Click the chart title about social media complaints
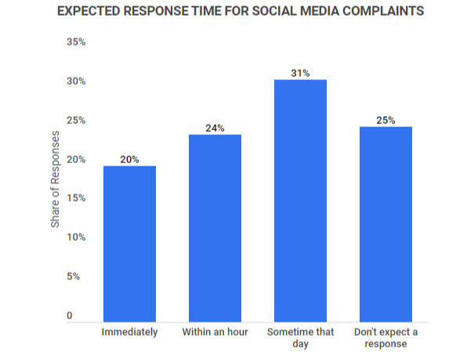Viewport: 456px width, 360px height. click(x=241, y=11)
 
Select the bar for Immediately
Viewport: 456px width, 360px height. click(x=130, y=244)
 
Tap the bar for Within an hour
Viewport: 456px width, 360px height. click(x=215, y=228)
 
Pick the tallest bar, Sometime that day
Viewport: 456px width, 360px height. click(x=300, y=201)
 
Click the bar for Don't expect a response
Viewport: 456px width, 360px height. click(x=386, y=224)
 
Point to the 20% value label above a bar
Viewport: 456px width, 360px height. click(x=130, y=159)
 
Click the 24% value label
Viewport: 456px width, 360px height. click(x=215, y=128)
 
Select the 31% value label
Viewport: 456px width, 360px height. click(x=300, y=73)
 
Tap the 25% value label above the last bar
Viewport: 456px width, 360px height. click(x=386, y=120)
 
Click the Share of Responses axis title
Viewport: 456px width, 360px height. click(x=55, y=180)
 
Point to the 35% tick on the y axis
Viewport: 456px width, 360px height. click(x=76, y=42)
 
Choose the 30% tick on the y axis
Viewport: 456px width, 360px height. click(x=76, y=82)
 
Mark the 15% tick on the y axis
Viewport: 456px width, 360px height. click(x=76, y=198)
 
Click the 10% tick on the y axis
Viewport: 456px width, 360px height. click(x=76, y=238)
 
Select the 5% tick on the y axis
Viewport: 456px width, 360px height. click(x=74, y=277)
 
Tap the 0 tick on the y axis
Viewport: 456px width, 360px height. click(x=70, y=315)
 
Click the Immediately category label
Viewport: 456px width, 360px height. click(x=130, y=332)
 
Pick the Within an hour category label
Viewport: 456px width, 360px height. click(x=215, y=332)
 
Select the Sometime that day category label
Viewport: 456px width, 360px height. click(x=300, y=337)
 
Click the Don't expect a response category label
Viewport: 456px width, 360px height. click(x=386, y=337)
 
